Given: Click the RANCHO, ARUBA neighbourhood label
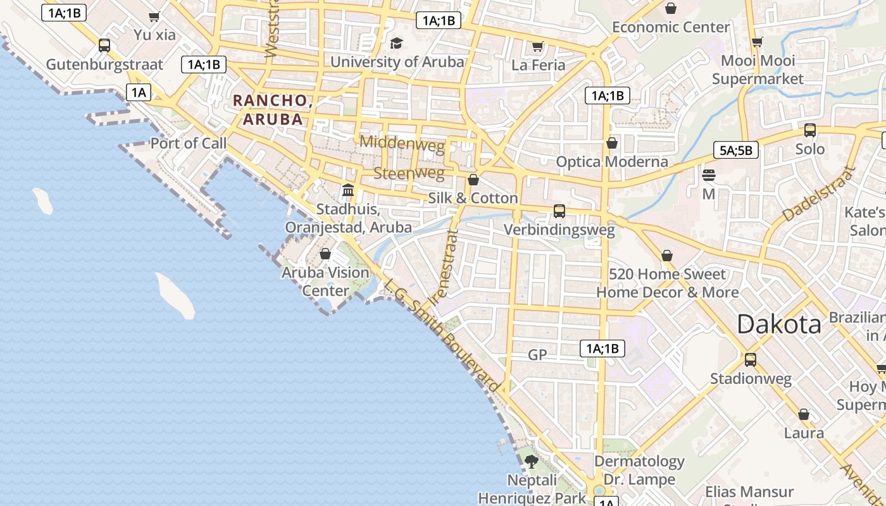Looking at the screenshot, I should pyautogui.click(x=271, y=109).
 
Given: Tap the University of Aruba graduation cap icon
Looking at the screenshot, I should pyautogui.click(x=397, y=43).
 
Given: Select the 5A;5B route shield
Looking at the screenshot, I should pyautogui.click(x=736, y=150).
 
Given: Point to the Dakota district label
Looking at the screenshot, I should pyautogui.click(x=779, y=324).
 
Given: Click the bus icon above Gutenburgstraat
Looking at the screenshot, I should pyautogui.click(x=104, y=46).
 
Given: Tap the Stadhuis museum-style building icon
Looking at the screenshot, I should pyautogui.click(x=347, y=190).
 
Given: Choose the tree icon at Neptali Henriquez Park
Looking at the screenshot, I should pyautogui.click(x=532, y=461).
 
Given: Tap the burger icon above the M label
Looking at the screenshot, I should pyautogui.click(x=709, y=175).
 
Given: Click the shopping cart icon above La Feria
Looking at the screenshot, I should pyautogui.click(x=538, y=46).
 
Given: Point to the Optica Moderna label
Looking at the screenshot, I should pyautogui.click(x=612, y=161).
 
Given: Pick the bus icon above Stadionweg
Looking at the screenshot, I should pyautogui.click(x=751, y=359).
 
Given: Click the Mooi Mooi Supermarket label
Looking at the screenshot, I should pyautogui.click(x=758, y=70).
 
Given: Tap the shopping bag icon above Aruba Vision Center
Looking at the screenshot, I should pyautogui.click(x=325, y=254).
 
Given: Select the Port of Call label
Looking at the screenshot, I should pyautogui.click(x=188, y=143).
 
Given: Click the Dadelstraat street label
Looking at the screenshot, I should pyautogui.click(x=818, y=194).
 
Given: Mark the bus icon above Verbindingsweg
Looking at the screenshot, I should pyautogui.click(x=559, y=211).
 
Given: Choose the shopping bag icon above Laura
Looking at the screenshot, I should pyautogui.click(x=804, y=414).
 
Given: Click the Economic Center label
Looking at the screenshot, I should pyautogui.click(x=671, y=27).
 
